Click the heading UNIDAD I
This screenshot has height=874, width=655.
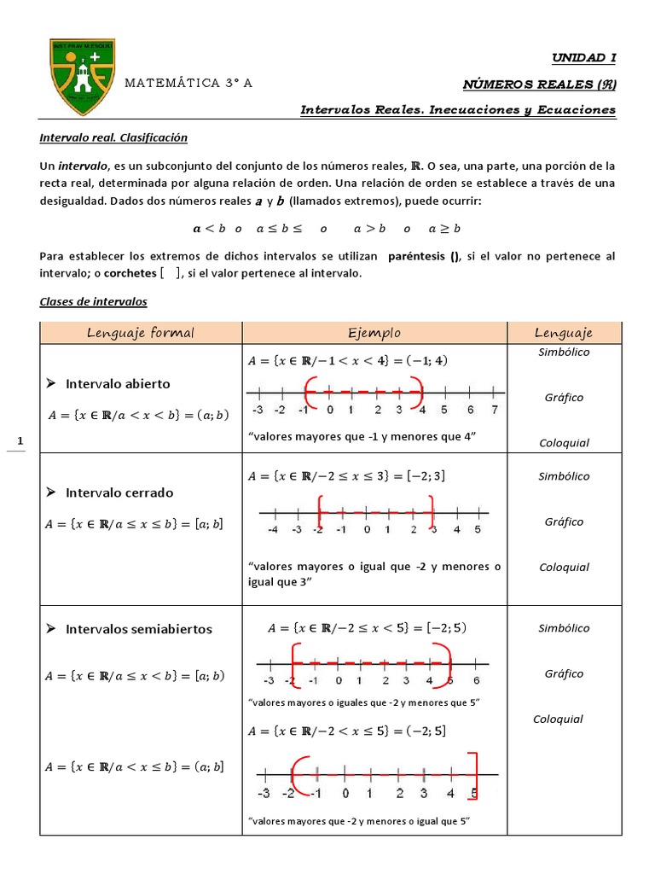(x=583, y=58)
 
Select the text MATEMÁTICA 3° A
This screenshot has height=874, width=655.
(x=188, y=84)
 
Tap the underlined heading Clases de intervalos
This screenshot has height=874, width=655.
(x=94, y=302)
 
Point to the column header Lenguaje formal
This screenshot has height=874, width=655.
(x=141, y=333)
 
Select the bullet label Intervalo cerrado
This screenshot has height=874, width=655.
(x=119, y=492)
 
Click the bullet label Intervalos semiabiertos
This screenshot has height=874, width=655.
(x=138, y=629)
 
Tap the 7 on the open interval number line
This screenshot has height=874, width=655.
(x=495, y=411)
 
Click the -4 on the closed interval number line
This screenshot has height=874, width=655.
(x=272, y=530)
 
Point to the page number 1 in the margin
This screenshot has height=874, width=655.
(x=20, y=441)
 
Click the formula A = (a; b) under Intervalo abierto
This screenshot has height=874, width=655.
(x=137, y=416)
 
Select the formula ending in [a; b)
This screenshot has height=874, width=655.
(x=135, y=676)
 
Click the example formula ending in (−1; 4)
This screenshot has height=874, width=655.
(x=347, y=360)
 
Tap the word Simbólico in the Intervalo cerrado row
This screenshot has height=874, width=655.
(x=564, y=477)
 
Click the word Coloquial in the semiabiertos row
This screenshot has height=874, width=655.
(x=558, y=719)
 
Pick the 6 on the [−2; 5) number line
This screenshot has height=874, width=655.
(x=475, y=680)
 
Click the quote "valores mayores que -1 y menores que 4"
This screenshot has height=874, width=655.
(x=361, y=437)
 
